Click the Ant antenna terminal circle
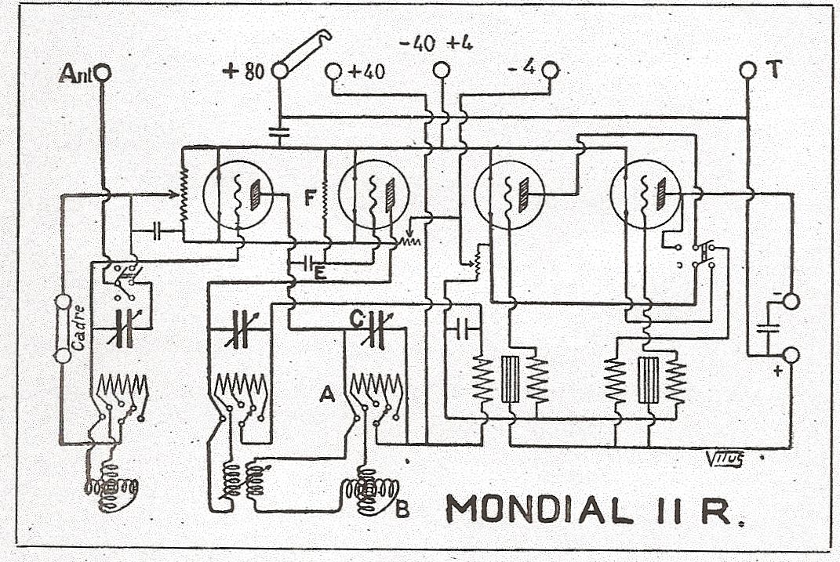click(x=103, y=73)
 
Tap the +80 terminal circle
click(x=279, y=71)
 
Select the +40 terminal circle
click(x=333, y=71)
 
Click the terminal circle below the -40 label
click(x=442, y=71)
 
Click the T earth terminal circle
click(x=747, y=71)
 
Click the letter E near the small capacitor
click(x=320, y=274)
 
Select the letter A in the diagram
click(x=328, y=397)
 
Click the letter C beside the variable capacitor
click(x=356, y=319)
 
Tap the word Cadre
click(x=78, y=330)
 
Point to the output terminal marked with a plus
click(x=790, y=357)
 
